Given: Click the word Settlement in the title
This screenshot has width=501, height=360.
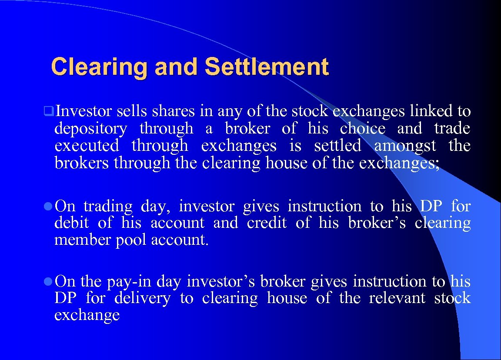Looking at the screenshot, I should click(x=266, y=67).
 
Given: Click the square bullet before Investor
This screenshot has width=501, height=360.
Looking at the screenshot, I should click(x=49, y=112).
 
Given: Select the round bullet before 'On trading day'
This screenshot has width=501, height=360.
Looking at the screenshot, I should click(x=49, y=206).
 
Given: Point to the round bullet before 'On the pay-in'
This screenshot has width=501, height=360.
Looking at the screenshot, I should click(x=49, y=282).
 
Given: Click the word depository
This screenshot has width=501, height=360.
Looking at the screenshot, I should click(x=90, y=129).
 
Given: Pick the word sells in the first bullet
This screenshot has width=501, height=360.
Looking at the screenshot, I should click(x=132, y=112).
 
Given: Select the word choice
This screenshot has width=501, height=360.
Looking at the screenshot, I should click(x=363, y=129).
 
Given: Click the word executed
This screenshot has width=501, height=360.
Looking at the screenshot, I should click(x=87, y=146).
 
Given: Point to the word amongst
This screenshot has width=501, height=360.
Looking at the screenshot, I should click(x=405, y=146).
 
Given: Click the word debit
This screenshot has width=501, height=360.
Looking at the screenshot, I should click(x=71, y=223).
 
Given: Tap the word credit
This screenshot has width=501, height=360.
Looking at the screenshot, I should click(x=267, y=223).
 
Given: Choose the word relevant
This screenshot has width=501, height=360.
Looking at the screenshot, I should click(x=397, y=298).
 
